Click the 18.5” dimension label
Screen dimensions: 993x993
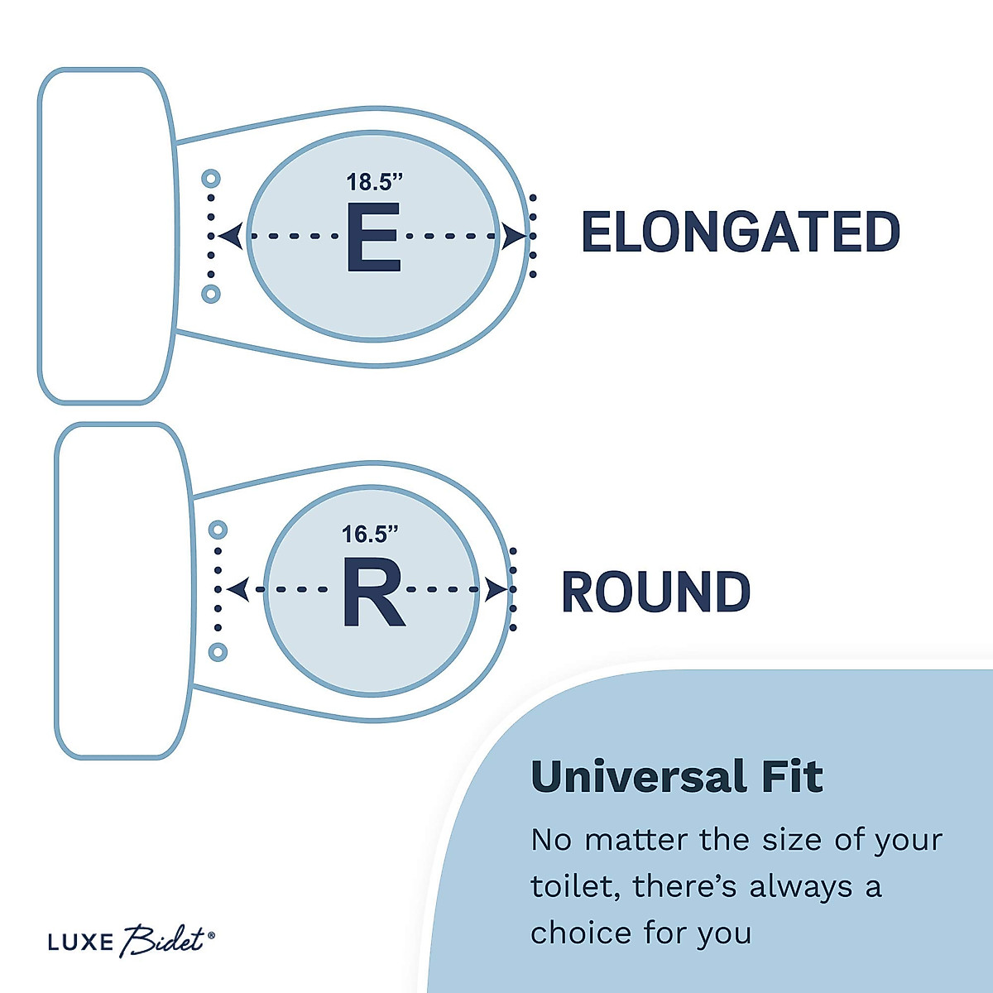pos(375,182)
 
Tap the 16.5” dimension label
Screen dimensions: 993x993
pos(370,535)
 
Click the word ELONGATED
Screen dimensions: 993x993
pos(741,233)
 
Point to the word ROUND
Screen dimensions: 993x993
pos(655,592)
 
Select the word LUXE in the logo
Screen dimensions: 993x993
pos(80,942)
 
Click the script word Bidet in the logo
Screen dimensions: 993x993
pos(163,940)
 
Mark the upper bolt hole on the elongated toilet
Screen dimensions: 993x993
pos(210,178)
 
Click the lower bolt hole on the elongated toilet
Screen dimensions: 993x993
pos(210,293)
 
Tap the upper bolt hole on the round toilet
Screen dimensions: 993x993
pos(218,529)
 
